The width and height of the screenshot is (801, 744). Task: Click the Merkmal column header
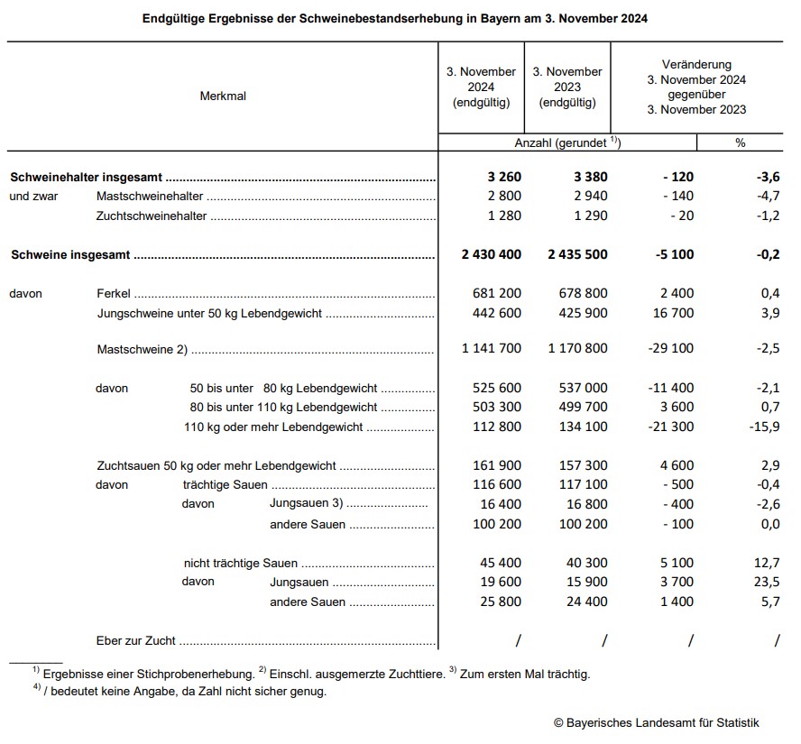pyautogui.click(x=223, y=96)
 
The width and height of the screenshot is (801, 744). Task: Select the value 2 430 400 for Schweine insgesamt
pyautogui.click(x=491, y=255)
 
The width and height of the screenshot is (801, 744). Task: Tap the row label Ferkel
pyautogui.click(x=114, y=294)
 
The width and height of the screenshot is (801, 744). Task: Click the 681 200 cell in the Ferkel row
pyautogui.click(x=497, y=294)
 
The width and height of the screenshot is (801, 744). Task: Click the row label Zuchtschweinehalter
pyautogui.click(x=152, y=216)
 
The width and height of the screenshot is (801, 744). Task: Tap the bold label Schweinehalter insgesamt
pyautogui.click(x=87, y=178)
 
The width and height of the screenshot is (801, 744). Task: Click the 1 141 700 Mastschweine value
pyautogui.click(x=491, y=349)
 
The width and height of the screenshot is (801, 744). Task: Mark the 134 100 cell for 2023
pyautogui.click(x=584, y=427)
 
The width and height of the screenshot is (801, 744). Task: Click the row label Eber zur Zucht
pyautogui.click(x=136, y=641)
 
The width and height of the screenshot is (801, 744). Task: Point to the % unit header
pyautogui.click(x=740, y=143)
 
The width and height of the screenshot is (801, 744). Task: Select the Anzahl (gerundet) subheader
pyautogui.click(x=567, y=143)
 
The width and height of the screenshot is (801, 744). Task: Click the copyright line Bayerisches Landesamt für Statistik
pyautogui.click(x=656, y=722)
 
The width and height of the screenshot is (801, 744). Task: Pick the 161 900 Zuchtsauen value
pyautogui.click(x=497, y=466)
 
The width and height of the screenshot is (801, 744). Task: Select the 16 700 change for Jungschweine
pyautogui.click(x=672, y=314)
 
